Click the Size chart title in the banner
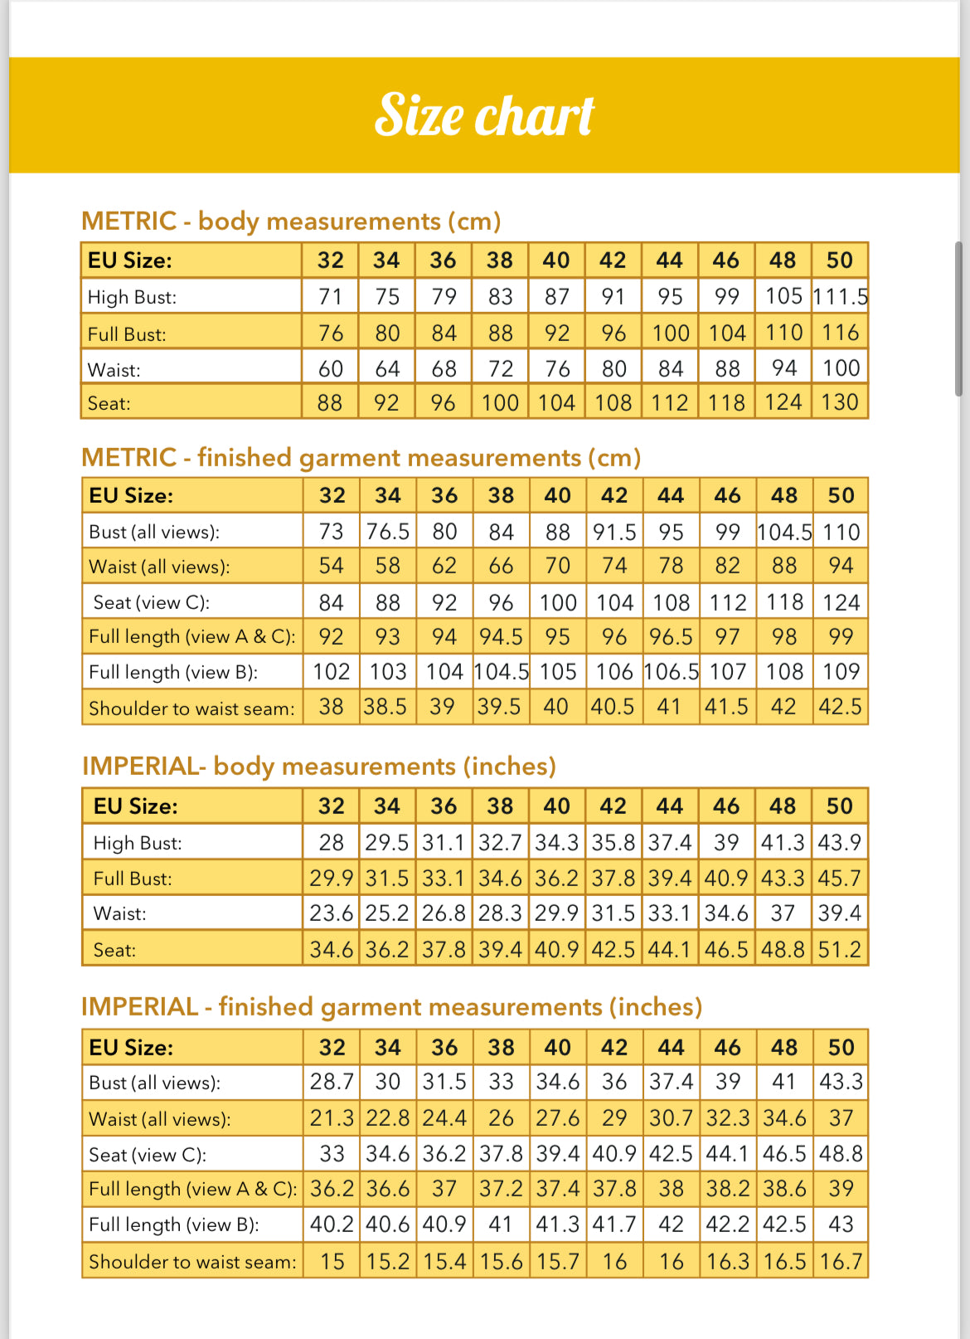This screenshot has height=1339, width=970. pyautogui.click(x=484, y=114)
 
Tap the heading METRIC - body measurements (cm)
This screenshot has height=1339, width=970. pyautogui.click(x=291, y=222)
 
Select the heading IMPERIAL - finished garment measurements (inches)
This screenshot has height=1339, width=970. pyautogui.click(x=391, y=1007)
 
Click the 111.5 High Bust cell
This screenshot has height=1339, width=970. pyautogui.click(x=840, y=297)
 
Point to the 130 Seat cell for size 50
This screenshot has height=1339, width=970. pyautogui.click(x=840, y=402)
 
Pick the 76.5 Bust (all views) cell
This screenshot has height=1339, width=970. pyautogui.click(x=388, y=532)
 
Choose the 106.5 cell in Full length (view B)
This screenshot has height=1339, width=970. pyautogui.click(x=671, y=672)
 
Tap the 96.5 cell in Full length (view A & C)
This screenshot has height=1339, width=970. pyautogui.click(x=671, y=636)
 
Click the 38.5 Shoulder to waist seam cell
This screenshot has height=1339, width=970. pyautogui.click(x=386, y=707)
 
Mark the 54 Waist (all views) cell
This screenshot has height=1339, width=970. pyautogui.click(x=331, y=566)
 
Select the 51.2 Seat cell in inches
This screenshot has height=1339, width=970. pyautogui.click(x=840, y=949)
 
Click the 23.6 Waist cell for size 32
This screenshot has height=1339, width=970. pyautogui.click(x=331, y=913)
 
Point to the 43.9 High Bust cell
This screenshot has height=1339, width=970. pyautogui.click(x=840, y=843)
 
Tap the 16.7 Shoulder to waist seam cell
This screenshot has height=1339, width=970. pyautogui.click(x=841, y=1262)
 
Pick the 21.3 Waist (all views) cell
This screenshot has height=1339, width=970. pyautogui.click(x=332, y=1118)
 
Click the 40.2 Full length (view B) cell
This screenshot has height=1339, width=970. pyautogui.click(x=332, y=1225)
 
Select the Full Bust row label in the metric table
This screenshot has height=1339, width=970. pyautogui.click(x=127, y=334)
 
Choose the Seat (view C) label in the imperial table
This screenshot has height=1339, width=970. pyautogui.click(x=148, y=1155)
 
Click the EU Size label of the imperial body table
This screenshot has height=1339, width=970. pyautogui.click(x=135, y=806)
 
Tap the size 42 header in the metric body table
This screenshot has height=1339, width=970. pyautogui.click(x=613, y=260)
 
